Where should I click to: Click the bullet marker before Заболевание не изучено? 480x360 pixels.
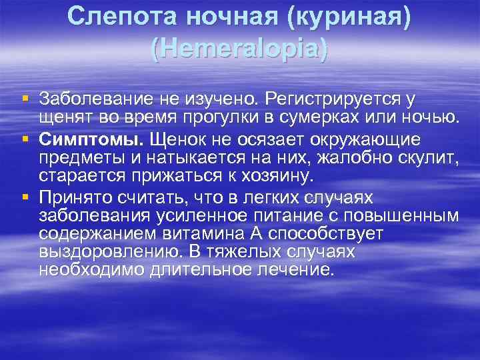pos(25,99)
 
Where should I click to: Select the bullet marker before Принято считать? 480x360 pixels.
pos(25,197)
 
